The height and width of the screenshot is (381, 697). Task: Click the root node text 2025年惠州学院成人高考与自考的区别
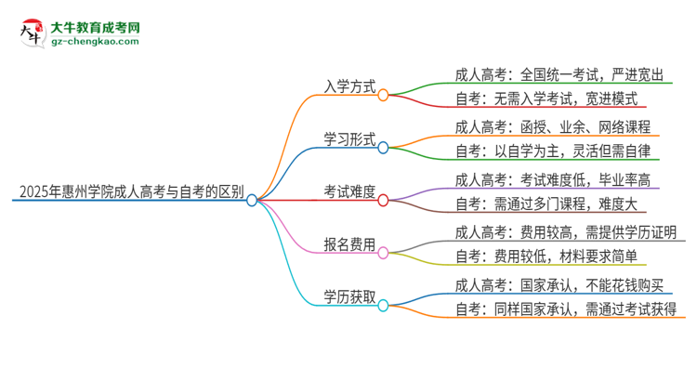129,193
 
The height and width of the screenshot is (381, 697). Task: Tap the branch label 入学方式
349,87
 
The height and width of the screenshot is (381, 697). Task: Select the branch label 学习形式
349,139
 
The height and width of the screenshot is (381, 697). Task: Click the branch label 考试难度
349,192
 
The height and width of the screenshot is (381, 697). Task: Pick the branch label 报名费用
349,245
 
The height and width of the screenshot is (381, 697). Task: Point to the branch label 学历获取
349,297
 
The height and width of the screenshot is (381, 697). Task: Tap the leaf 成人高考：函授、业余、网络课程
552,126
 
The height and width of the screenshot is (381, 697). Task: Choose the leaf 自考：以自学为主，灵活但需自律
552,151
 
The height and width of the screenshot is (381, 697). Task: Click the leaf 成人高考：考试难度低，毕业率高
552,178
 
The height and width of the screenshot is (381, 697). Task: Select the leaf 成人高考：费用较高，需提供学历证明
565,231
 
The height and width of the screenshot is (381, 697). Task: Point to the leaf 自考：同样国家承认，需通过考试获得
565,310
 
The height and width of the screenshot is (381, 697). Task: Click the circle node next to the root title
252,199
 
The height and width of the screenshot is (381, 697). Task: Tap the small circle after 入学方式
383,94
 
